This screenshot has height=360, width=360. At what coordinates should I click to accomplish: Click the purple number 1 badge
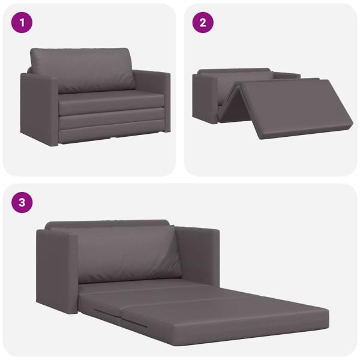22,23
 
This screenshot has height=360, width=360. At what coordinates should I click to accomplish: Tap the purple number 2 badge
203,23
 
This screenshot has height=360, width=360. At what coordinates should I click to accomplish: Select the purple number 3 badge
22,202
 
